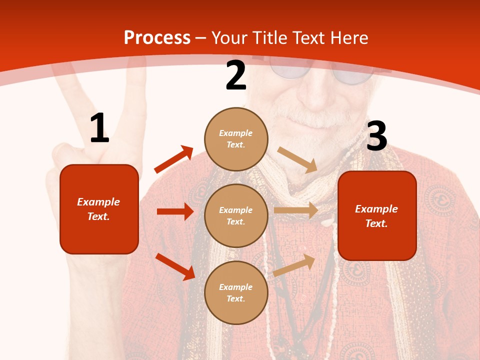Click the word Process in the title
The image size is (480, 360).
click(x=157, y=38)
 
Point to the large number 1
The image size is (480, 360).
click(x=99, y=128)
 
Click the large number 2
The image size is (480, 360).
click(x=236, y=75)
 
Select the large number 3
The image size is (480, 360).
click(x=376, y=136)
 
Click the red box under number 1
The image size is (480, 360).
click(x=99, y=209)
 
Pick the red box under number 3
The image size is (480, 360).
click(x=377, y=215)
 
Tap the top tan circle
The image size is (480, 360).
click(x=236, y=138)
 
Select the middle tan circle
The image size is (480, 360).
click(x=236, y=215)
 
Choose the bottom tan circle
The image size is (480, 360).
click(x=236, y=292)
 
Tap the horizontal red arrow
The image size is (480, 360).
click(x=175, y=211)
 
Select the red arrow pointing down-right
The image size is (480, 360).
click(x=175, y=266)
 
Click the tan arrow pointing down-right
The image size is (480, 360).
click(x=298, y=159)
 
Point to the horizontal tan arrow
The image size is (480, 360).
click(x=296, y=210)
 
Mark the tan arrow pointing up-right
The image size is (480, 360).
click(x=294, y=265)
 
